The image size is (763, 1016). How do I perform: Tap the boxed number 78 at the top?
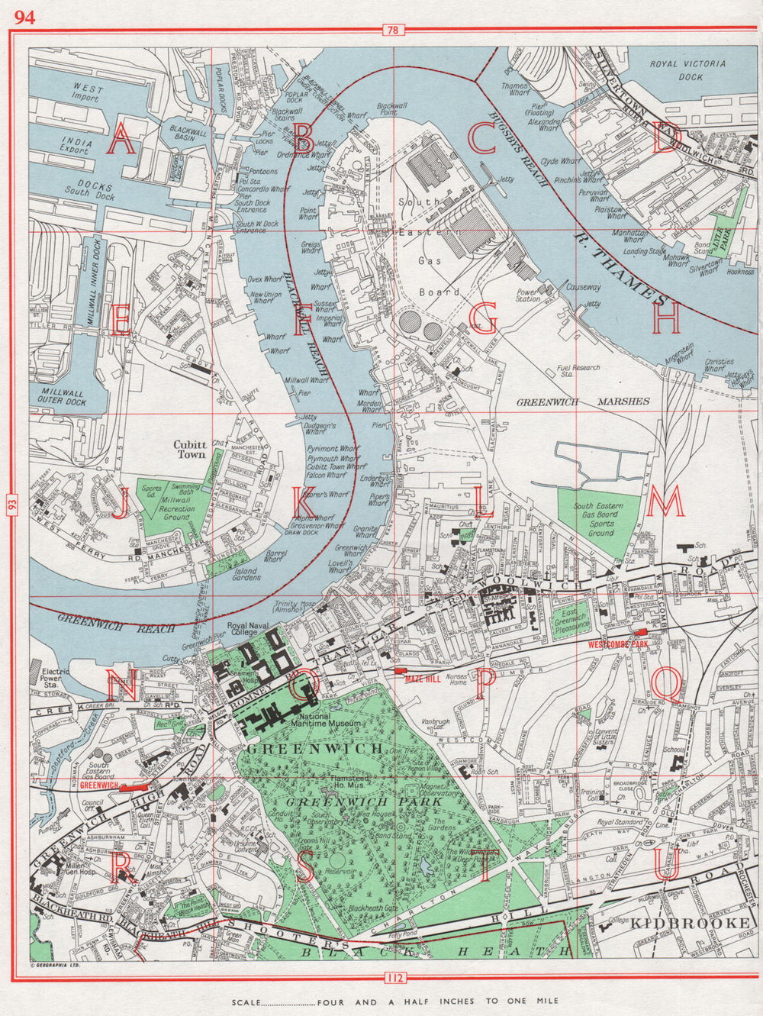tap(393, 31)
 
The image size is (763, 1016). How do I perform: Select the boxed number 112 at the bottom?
tap(393, 978)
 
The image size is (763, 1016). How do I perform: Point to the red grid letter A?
tap(122, 139)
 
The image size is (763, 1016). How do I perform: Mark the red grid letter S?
tap(305, 867)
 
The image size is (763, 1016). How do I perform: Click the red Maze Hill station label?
tap(423, 678)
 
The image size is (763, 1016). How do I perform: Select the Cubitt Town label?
tap(190, 449)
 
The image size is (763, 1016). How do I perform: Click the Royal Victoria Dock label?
tap(687, 69)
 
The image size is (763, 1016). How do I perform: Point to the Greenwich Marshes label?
tap(583, 402)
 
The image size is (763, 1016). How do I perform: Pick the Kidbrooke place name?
tap(691, 924)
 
